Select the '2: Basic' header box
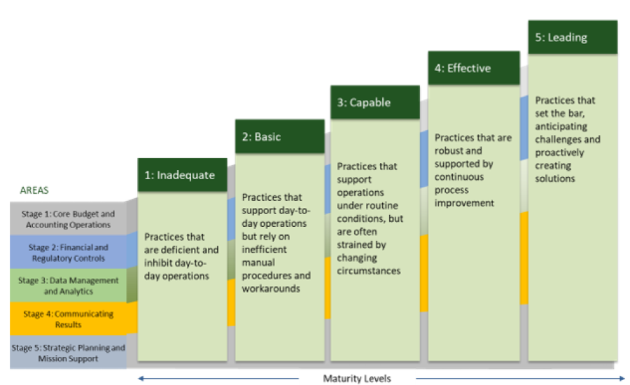[x=279, y=136]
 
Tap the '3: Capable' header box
[x=374, y=102]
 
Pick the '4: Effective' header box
[x=473, y=68]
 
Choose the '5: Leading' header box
[x=572, y=37]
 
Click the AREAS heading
[x=34, y=190]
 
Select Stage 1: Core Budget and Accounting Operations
[x=68, y=219]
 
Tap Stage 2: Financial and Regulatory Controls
[x=68, y=253]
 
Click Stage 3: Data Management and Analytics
[x=68, y=286]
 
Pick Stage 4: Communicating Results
[x=68, y=319]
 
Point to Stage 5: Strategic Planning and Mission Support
[x=68, y=353]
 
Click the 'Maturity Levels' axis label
[x=357, y=379]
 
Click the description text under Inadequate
[x=181, y=256]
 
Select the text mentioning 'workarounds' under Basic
[x=266, y=288]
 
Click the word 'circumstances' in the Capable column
[x=369, y=270]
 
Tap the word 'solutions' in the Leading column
[x=555, y=178]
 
